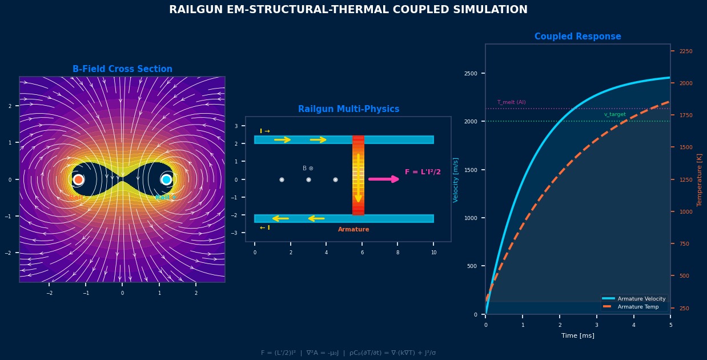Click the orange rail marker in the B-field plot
coord(78,179)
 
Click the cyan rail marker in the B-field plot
coord(166,179)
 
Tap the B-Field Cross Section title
coord(122,69)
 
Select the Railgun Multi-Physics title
coord(348,109)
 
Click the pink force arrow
coord(384,179)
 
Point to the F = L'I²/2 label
coord(423,172)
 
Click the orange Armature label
coord(353,230)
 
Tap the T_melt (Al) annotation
coord(511,102)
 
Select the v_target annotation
coord(615,114)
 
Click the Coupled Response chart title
coord(577,37)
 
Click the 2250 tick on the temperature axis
coord(686,51)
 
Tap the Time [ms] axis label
coord(577,335)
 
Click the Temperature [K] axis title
coord(699,179)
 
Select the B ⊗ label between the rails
coord(308,169)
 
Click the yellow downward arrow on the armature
coord(358,177)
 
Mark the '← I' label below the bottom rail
coord(265,228)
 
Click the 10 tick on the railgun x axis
coord(433,253)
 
